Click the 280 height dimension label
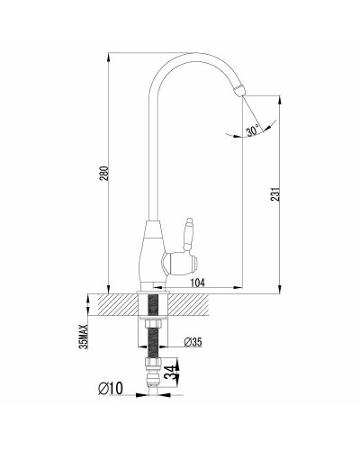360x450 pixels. [x=104, y=173]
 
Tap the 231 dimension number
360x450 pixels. [x=276, y=194]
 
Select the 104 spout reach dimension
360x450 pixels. [x=198, y=283]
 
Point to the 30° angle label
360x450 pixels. [x=253, y=130]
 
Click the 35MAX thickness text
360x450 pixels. [x=85, y=337]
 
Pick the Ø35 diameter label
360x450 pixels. [x=193, y=342]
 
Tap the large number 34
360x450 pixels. [x=171, y=373]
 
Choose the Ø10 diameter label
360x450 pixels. [x=111, y=389]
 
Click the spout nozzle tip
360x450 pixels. [x=238, y=90]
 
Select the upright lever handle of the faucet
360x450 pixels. [x=188, y=234]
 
